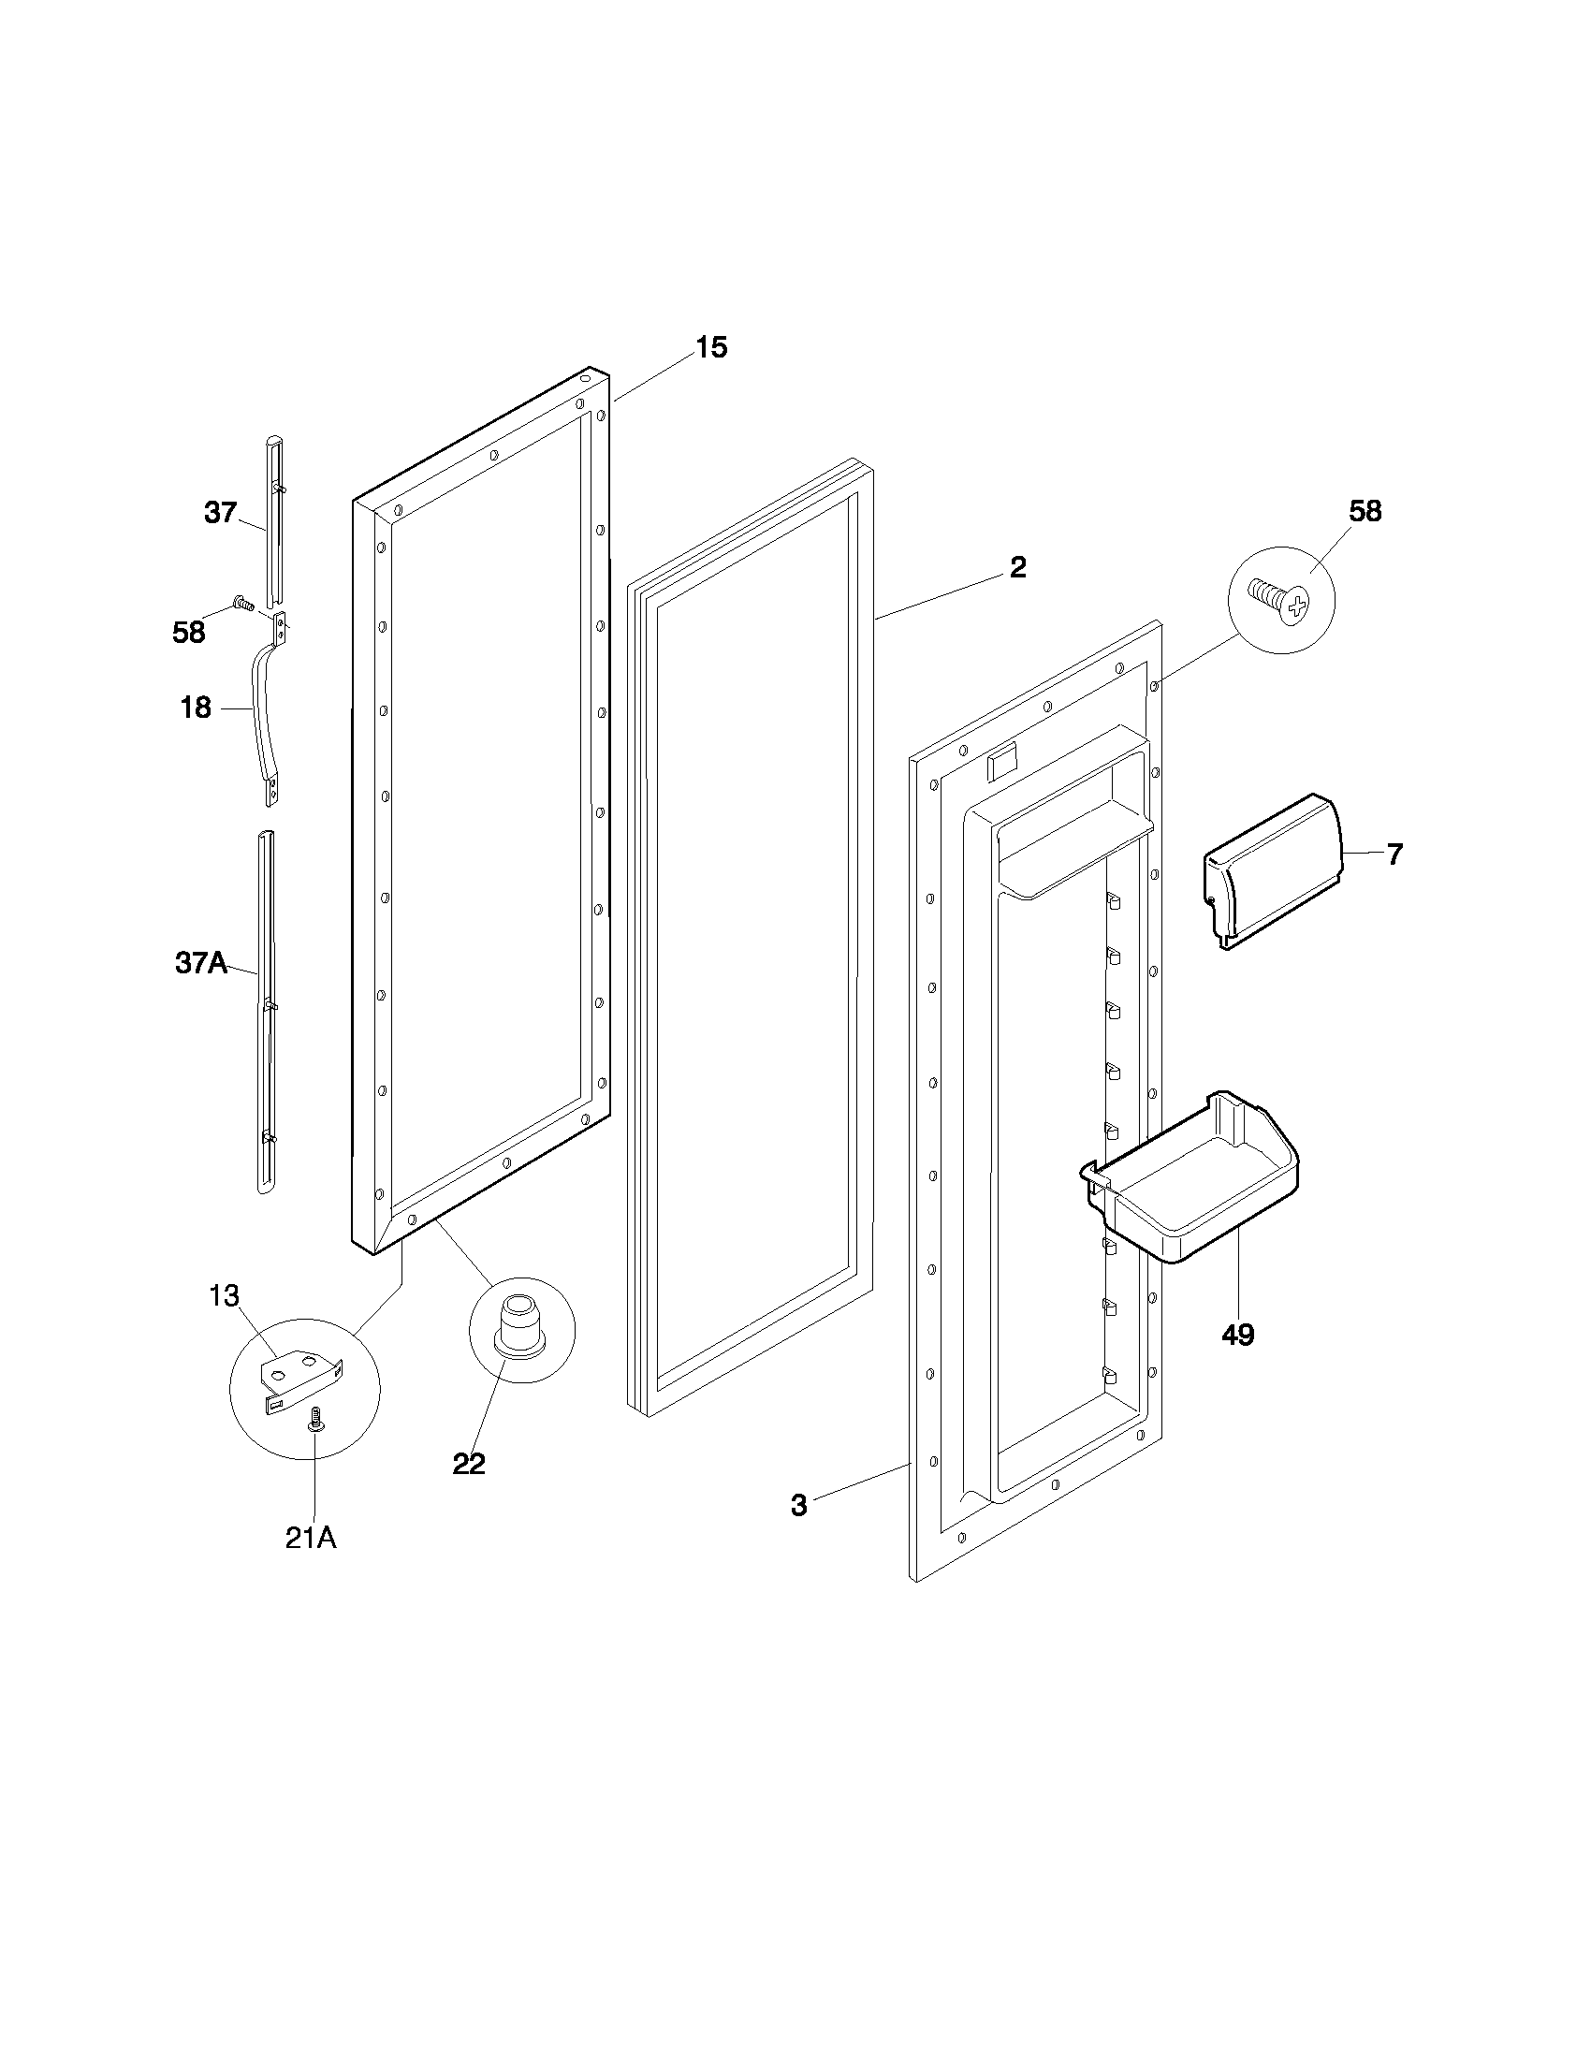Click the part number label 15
coord(711,348)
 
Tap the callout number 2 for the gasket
coord(1017,567)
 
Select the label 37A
coord(201,962)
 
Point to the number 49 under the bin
coord(1237,1334)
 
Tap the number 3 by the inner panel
coord(798,1506)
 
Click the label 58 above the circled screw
coord(1365,511)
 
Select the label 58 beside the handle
coord(188,633)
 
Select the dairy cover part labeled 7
coord(1273,868)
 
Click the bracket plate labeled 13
coord(299,1382)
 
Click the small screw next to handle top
coord(241,602)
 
